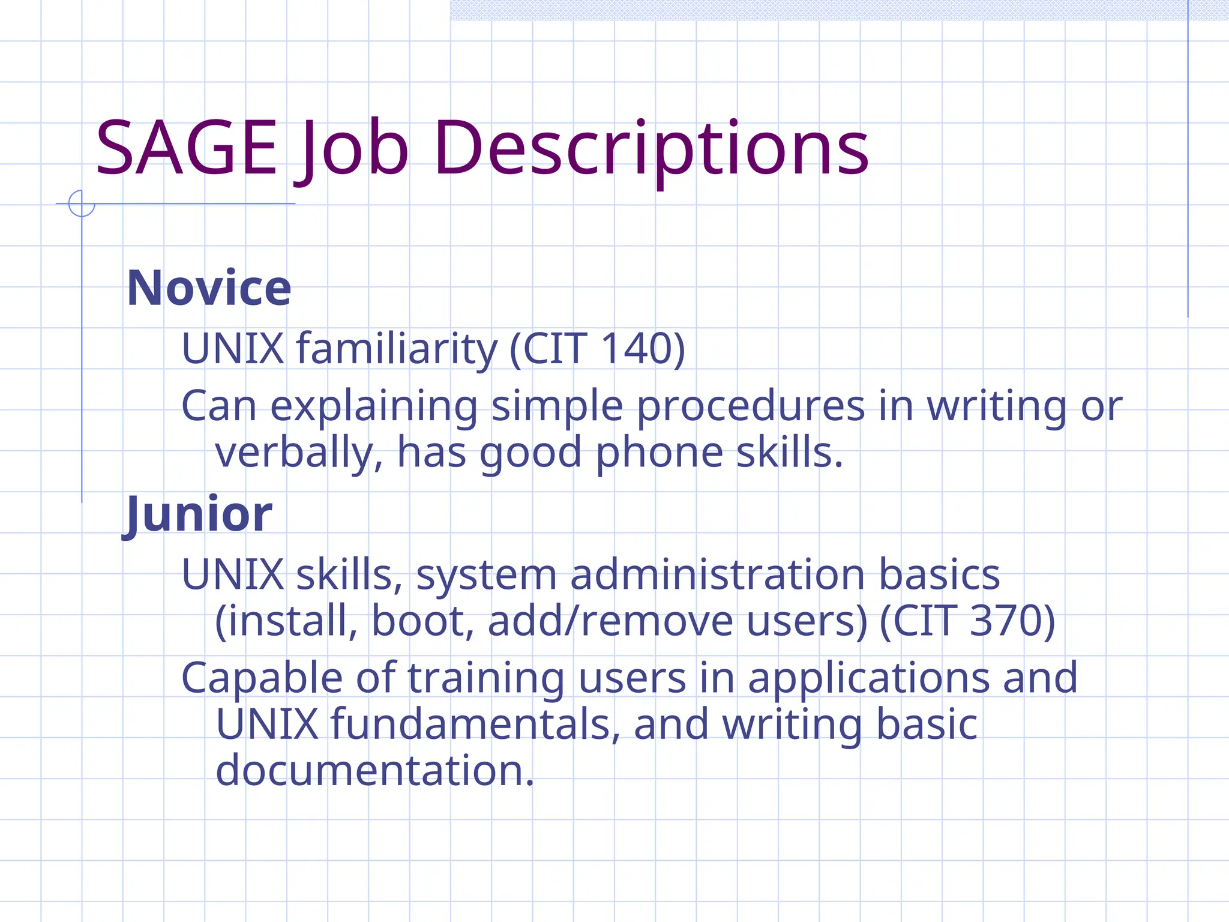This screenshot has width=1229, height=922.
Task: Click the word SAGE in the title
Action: point(186,148)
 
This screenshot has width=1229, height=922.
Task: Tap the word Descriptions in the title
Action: point(651,148)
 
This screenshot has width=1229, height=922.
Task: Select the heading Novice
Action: point(209,289)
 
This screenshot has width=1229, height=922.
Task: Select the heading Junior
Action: point(198,514)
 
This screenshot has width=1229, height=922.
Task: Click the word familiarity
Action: point(397,348)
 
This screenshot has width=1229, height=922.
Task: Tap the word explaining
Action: point(374,406)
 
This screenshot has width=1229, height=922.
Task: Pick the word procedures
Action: point(750,406)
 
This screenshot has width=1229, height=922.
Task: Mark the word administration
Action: point(718,575)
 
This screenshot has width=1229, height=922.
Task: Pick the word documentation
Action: point(374,771)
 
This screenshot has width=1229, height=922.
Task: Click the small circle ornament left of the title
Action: point(82,203)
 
